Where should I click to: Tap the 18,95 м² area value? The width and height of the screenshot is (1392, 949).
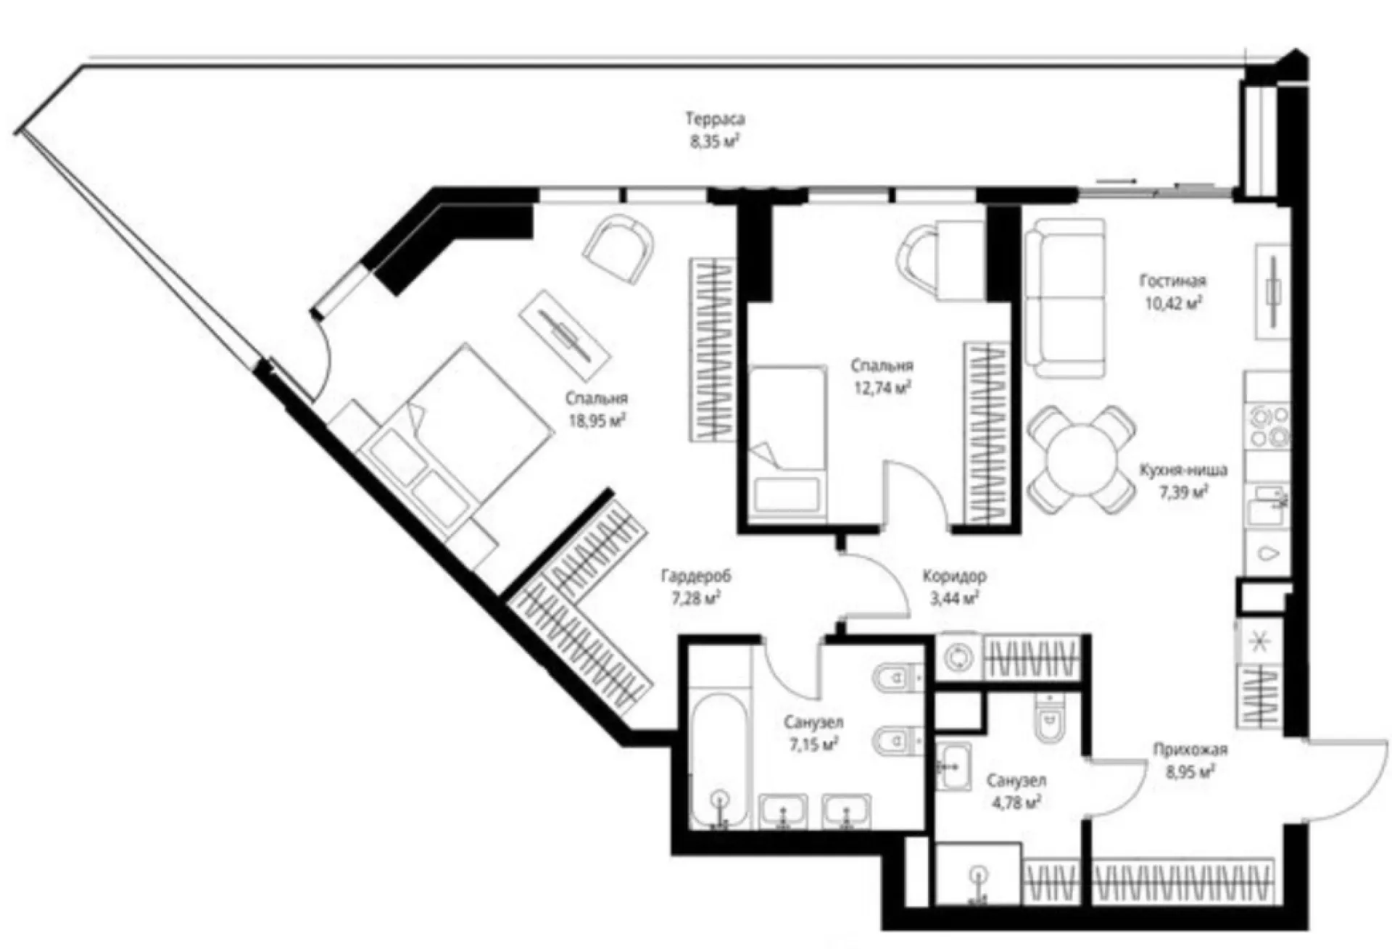[x=597, y=420]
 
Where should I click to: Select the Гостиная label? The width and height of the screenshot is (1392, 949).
[x=1173, y=281]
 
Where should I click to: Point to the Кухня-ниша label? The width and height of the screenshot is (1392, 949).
[x=1183, y=471]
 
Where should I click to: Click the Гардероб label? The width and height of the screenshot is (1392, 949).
[x=696, y=576]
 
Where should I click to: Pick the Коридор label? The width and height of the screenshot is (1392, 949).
[x=954, y=576]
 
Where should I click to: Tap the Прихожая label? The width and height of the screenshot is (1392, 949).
[x=1190, y=750]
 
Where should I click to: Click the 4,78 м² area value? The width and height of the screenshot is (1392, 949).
[x=1015, y=802]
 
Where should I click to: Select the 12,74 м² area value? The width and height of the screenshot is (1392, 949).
[x=882, y=387]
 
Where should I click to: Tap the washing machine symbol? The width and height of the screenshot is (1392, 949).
[x=959, y=658]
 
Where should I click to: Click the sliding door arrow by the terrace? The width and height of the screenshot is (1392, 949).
[x=1116, y=180]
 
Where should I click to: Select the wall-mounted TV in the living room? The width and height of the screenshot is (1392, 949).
[x=1273, y=295]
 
